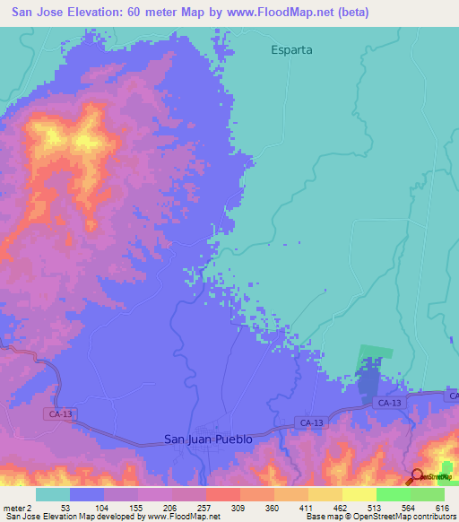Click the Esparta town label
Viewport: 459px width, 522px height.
[291, 50]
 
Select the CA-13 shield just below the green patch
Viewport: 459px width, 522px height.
[389, 405]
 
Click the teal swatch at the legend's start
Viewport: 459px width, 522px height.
[53, 494]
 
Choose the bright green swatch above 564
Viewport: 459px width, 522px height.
[394, 494]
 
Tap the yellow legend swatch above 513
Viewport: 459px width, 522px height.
[359, 494]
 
